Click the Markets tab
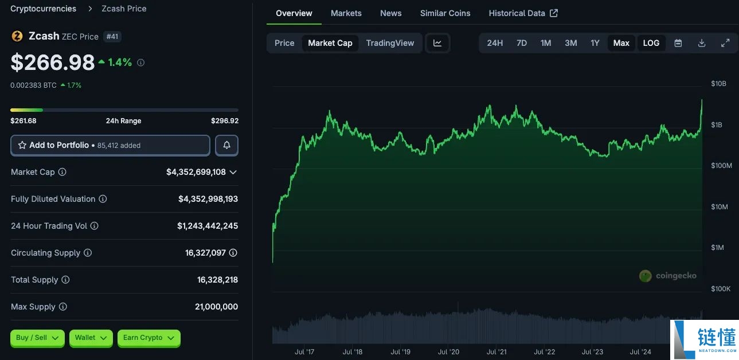coord(346,13)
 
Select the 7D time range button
coord(522,43)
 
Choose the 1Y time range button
coord(595,43)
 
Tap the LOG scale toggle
coord(651,43)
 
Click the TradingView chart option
coord(390,43)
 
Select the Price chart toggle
coord(284,43)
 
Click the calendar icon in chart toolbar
coord(678,43)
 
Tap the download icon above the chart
coord(702,43)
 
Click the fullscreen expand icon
coord(725,43)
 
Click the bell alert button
coord(226,146)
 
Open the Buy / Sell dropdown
coord(38,338)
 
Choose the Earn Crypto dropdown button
coord(148,338)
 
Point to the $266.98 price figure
coord(53,62)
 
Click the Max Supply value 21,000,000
coord(216,307)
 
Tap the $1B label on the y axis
coord(717,124)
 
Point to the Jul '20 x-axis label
coord(448,352)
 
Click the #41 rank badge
coord(113,37)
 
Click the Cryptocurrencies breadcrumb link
coord(43,9)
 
